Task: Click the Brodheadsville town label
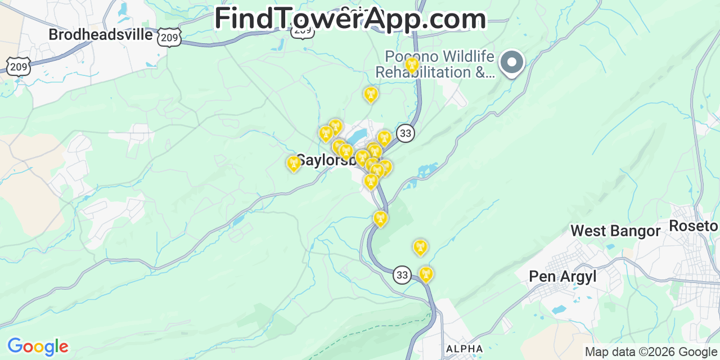pyautogui.click(x=101, y=34)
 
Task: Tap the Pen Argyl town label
pyautogui.click(x=562, y=276)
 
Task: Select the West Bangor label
pyautogui.click(x=615, y=231)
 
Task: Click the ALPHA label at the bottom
pyautogui.click(x=464, y=349)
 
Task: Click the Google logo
pyautogui.click(x=38, y=346)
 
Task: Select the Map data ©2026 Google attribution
pyautogui.click(x=651, y=352)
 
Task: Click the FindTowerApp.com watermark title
pyautogui.click(x=350, y=19)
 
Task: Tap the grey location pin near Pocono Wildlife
pyautogui.click(x=512, y=62)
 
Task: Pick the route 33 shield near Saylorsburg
pyautogui.click(x=405, y=133)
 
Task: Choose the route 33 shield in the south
pyautogui.click(x=402, y=274)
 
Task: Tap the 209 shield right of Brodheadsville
pyautogui.click(x=169, y=37)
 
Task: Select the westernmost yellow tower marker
pyautogui.click(x=294, y=164)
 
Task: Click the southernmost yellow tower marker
pyautogui.click(x=426, y=274)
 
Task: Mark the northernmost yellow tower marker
pyautogui.click(x=412, y=65)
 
